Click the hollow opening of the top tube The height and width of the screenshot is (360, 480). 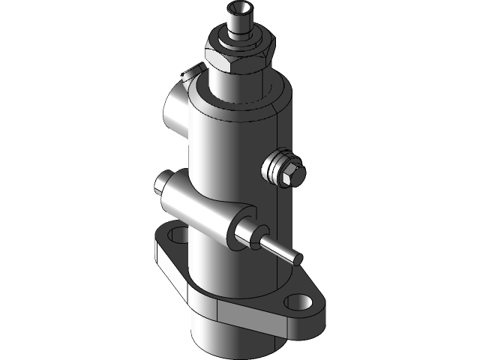click(239, 10)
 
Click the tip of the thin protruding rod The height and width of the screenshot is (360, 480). click(298, 258)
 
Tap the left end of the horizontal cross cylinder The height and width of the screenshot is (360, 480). click(163, 183)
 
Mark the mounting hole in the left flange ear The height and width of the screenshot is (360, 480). click(178, 236)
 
